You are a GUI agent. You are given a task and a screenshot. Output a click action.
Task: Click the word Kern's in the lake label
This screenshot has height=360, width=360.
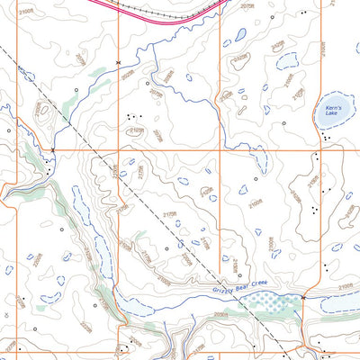pyautogui.click(x=328, y=108)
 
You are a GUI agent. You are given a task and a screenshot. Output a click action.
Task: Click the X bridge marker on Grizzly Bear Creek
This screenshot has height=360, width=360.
pyautogui.click(x=304, y=297)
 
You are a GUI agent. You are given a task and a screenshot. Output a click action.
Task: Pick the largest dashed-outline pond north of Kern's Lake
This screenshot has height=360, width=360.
pyautogui.click(x=288, y=63)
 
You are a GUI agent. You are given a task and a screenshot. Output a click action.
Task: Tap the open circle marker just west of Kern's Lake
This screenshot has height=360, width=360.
pyautogui.click(x=285, y=121)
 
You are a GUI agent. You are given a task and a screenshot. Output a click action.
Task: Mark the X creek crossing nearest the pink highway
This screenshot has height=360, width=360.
pyautogui.click(x=118, y=62)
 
